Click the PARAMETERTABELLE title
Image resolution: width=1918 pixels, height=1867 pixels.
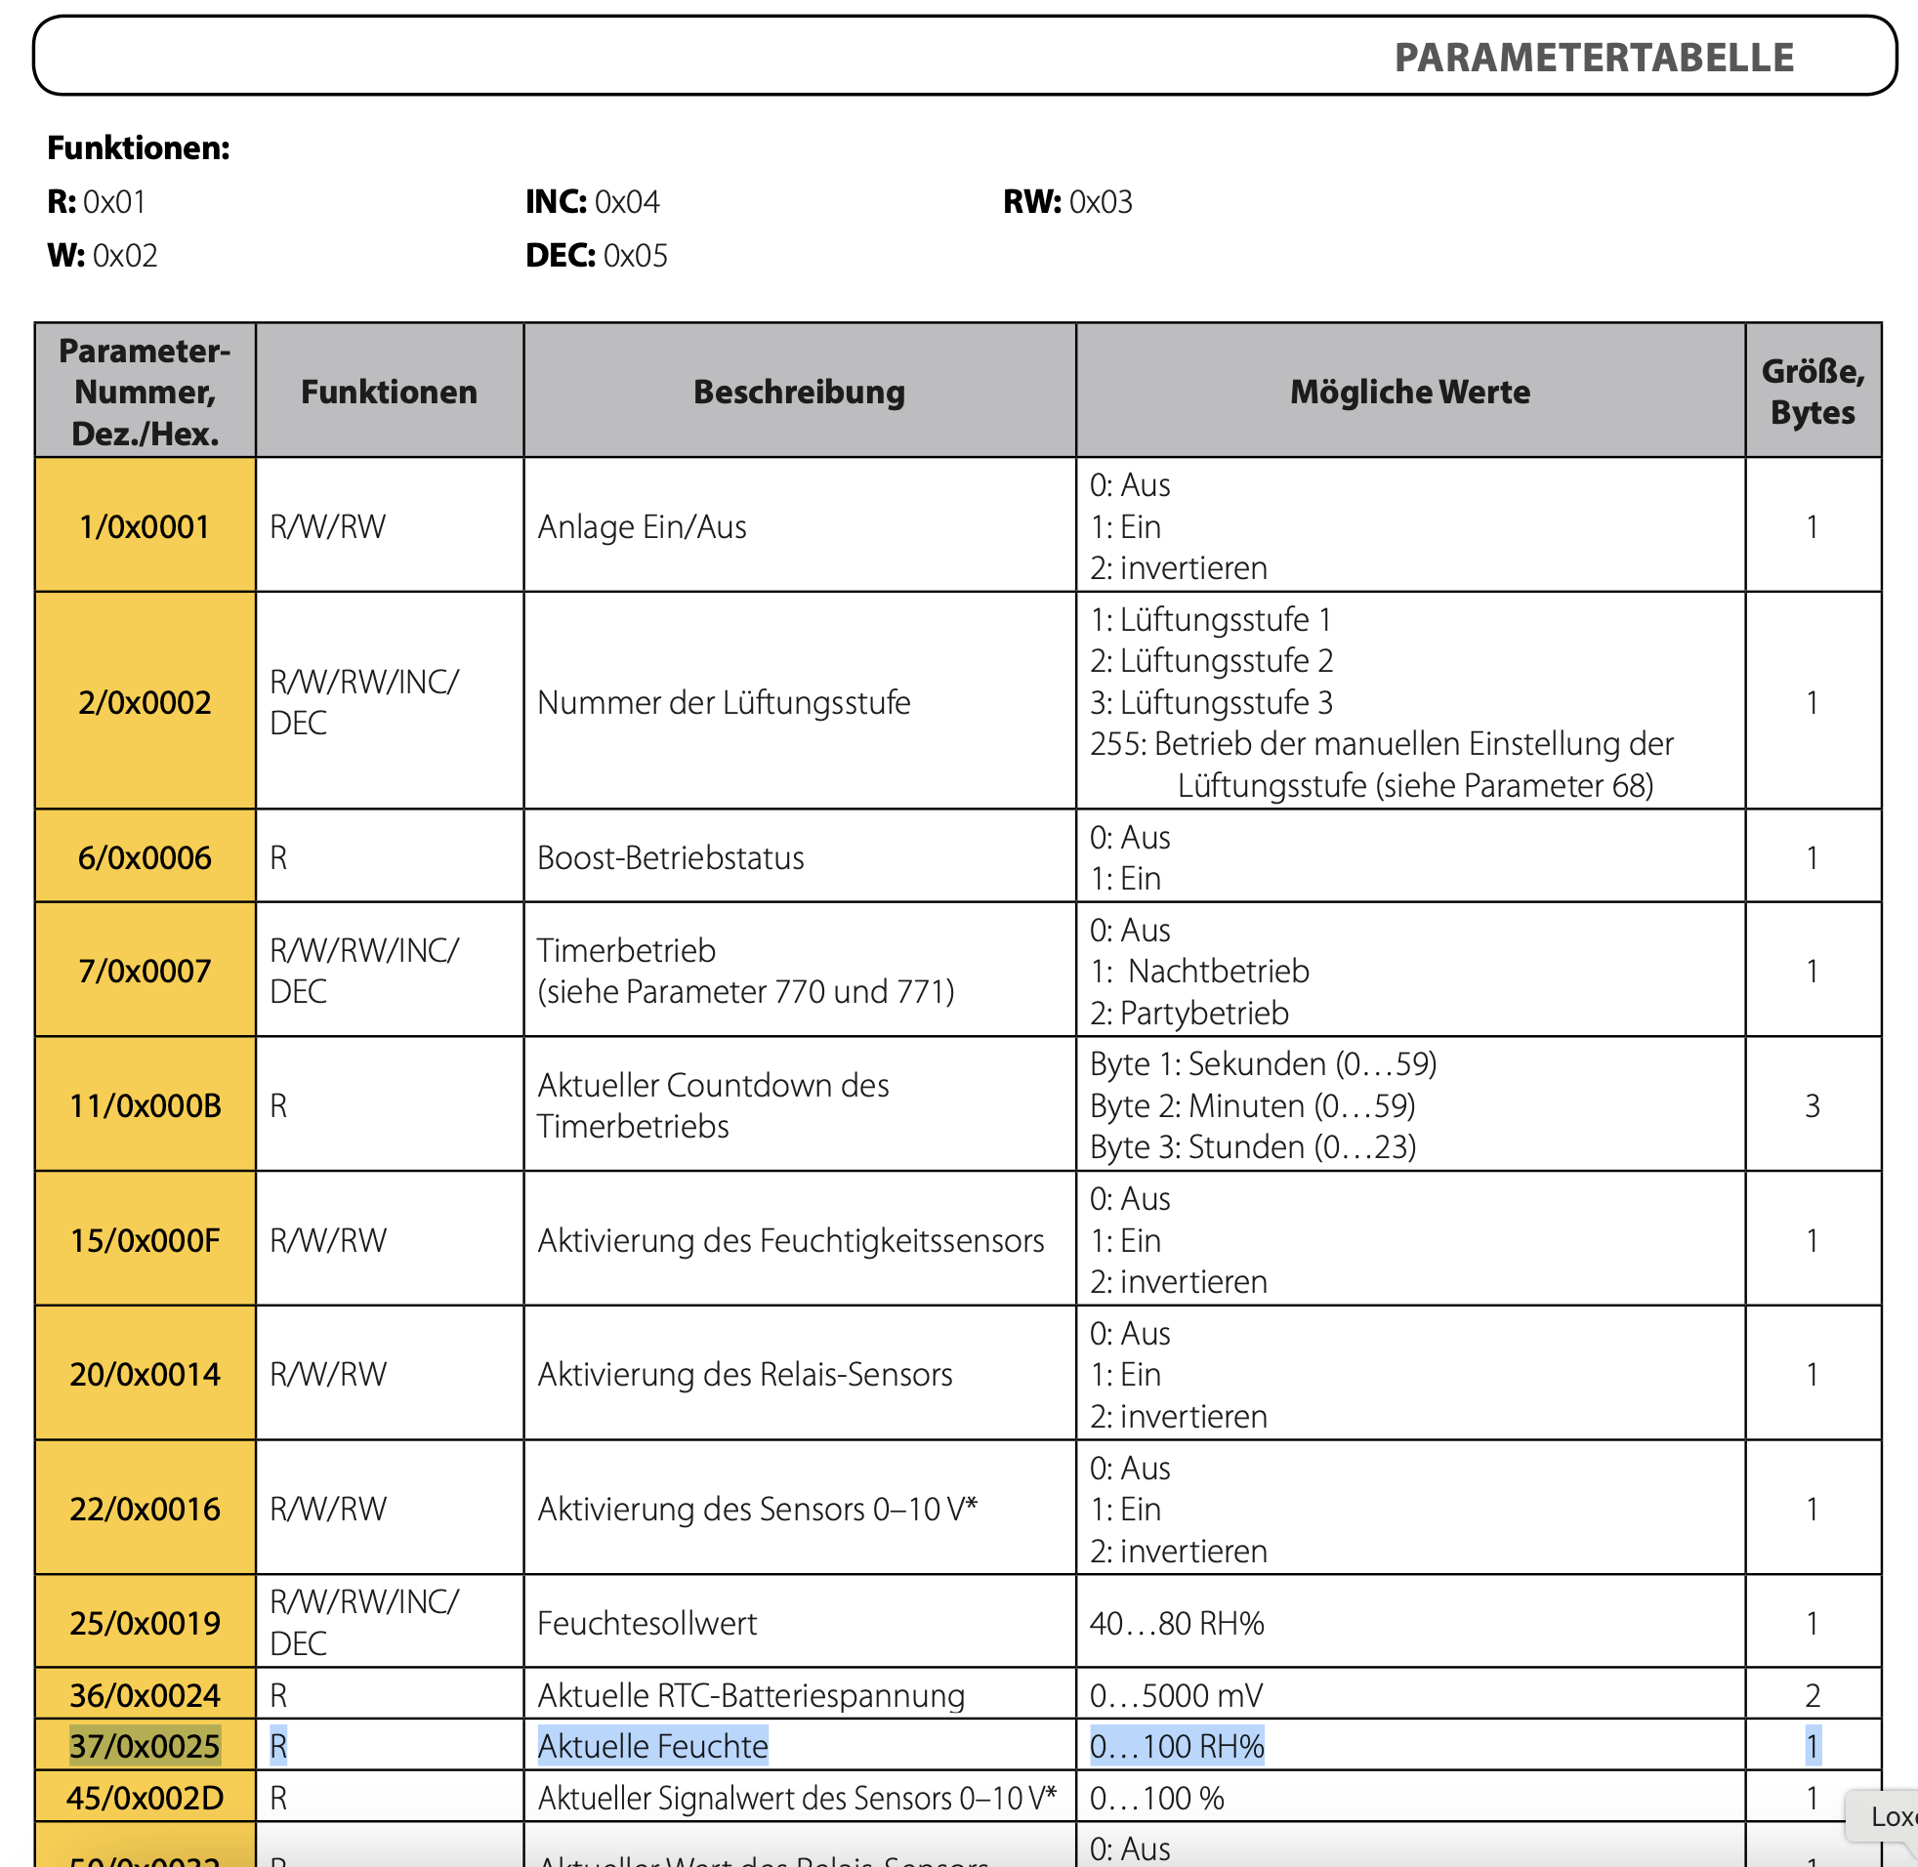coord(1594,58)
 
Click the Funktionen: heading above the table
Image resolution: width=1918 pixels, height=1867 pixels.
coord(139,148)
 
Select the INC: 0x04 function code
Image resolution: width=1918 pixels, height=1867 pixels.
coord(592,202)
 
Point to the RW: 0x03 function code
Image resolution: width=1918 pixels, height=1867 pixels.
coord(1066,202)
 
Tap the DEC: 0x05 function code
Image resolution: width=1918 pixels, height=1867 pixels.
coord(596,256)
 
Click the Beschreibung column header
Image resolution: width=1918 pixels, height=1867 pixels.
coord(799,393)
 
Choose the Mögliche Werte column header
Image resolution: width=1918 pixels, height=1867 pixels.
coord(1409,393)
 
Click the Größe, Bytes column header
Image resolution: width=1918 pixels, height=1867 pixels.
coord(1813,393)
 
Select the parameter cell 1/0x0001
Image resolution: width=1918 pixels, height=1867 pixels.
coord(146,526)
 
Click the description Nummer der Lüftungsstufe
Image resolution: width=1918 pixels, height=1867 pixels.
coord(724,702)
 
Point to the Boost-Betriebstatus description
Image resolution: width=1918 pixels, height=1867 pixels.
coord(671,858)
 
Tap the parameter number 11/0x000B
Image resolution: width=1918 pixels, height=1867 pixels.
coord(146,1106)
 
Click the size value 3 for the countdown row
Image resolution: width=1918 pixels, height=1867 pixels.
coord(1813,1106)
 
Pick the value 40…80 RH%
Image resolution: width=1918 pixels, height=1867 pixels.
coord(1177,1623)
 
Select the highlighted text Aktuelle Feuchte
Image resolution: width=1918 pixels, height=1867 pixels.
coord(653,1746)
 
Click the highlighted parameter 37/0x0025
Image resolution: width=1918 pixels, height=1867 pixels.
coord(146,1746)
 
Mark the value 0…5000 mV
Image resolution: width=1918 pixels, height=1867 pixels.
coord(1177,1695)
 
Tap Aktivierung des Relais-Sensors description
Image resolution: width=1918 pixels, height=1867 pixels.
coord(744,1375)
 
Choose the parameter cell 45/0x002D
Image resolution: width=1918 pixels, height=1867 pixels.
coord(146,1799)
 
